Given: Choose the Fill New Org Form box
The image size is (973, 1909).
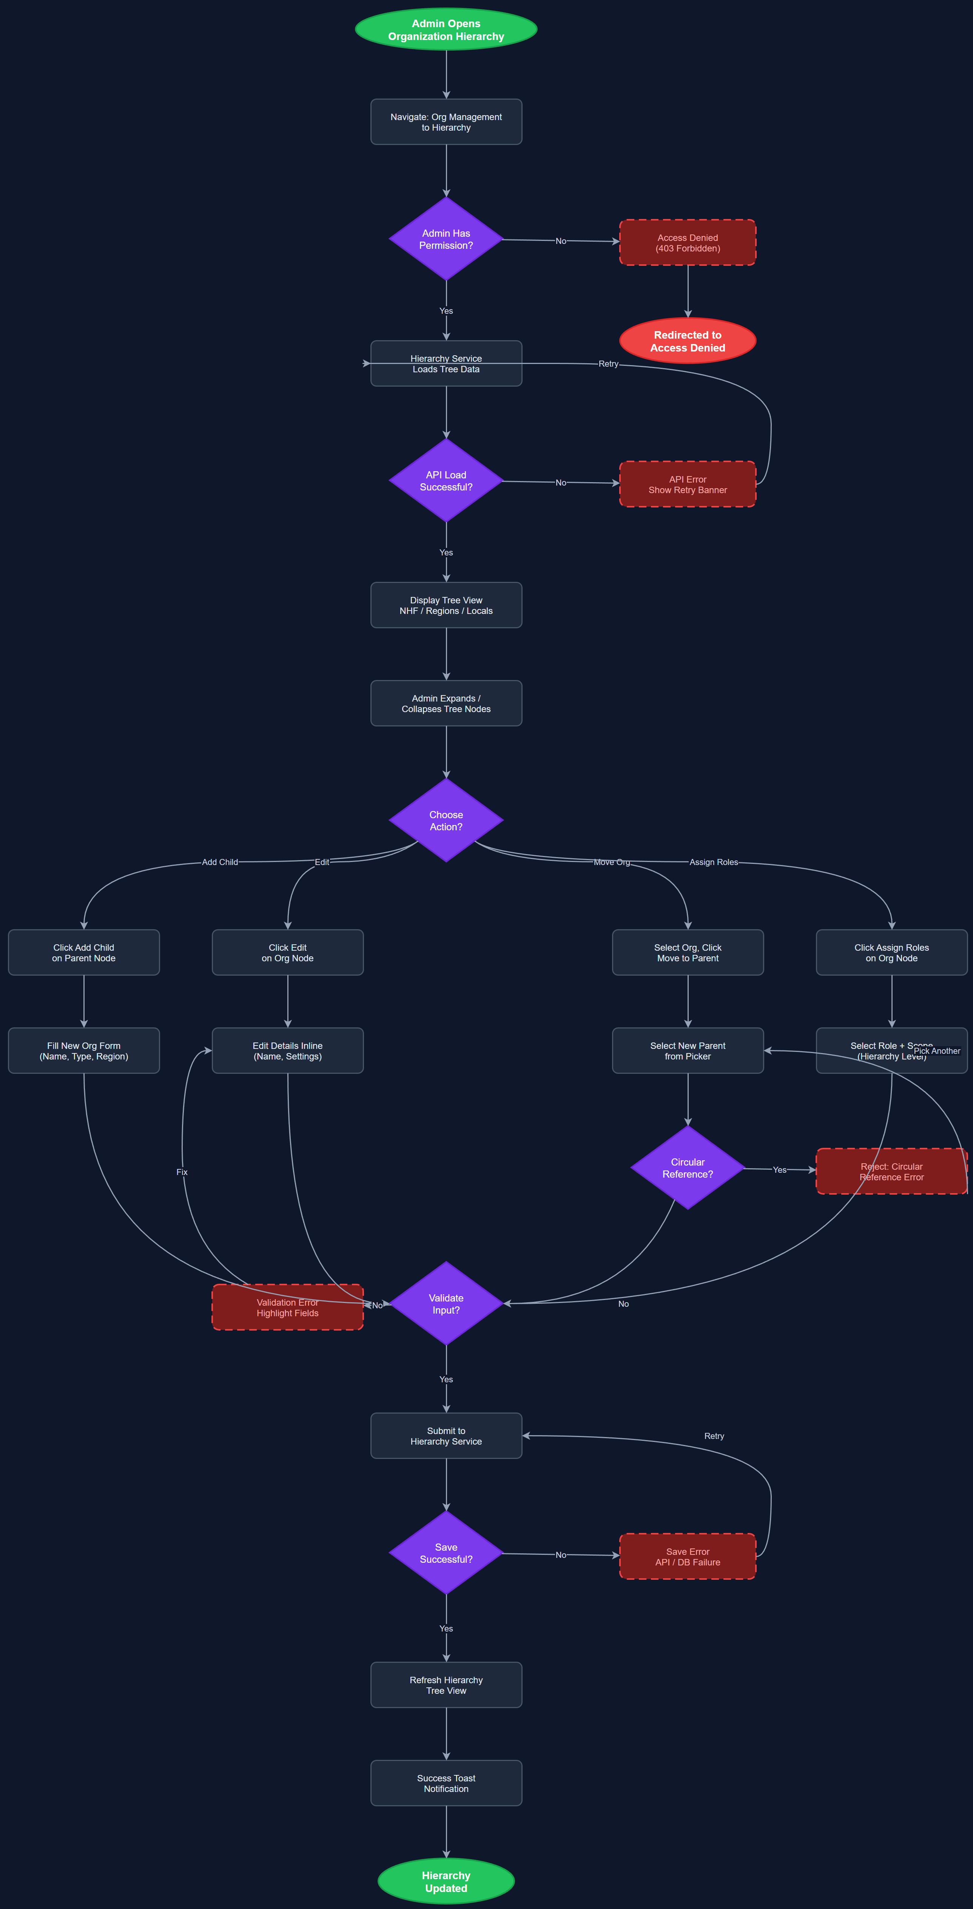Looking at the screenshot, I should point(84,1051).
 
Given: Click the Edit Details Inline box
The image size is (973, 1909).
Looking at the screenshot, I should point(288,1051).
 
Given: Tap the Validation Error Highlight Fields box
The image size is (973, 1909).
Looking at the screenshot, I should point(288,1308).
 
